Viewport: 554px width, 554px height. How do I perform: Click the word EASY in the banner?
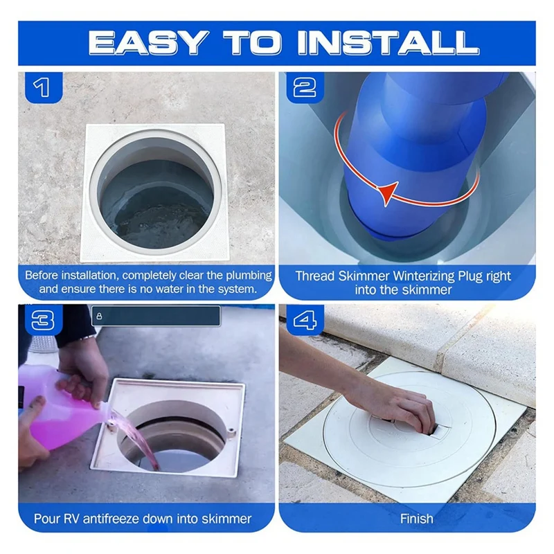[x=148, y=43]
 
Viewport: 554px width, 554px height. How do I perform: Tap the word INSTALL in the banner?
[x=388, y=43]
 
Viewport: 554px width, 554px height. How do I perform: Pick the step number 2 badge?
[x=305, y=88]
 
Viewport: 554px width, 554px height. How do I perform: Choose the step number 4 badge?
[x=305, y=321]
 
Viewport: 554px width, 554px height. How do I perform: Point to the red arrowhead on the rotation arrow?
[x=388, y=193]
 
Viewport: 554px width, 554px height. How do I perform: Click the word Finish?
[x=417, y=519]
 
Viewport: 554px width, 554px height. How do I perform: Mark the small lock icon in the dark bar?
[x=99, y=316]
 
